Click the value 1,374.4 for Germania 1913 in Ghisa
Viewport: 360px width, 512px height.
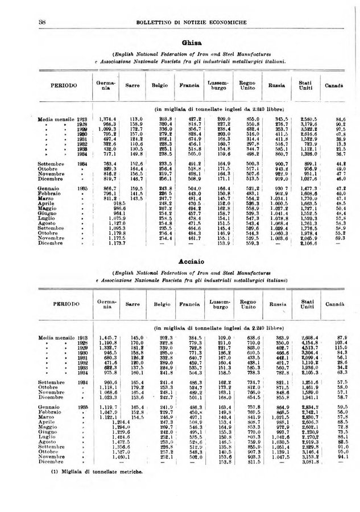point(106,119)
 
